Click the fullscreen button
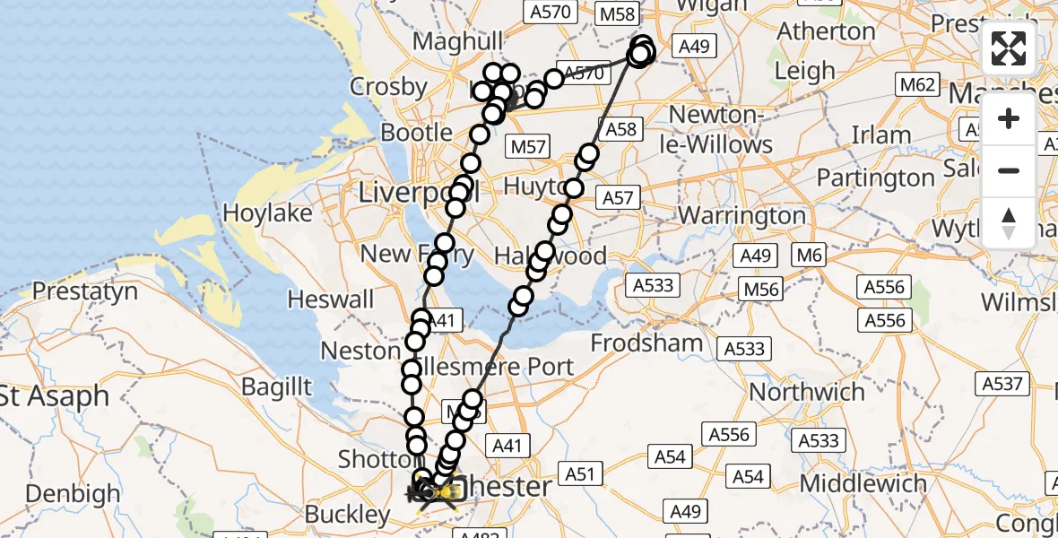(1009, 48)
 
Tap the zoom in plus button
(1009, 119)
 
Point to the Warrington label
(742, 215)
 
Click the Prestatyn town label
(85, 291)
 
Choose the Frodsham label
(646, 343)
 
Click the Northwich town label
(807, 392)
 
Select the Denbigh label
(74, 493)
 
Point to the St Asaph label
(54, 395)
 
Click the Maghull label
(458, 42)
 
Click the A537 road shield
(1002, 384)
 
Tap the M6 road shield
(809, 256)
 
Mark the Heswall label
(331, 299)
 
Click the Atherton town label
(826, 31)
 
